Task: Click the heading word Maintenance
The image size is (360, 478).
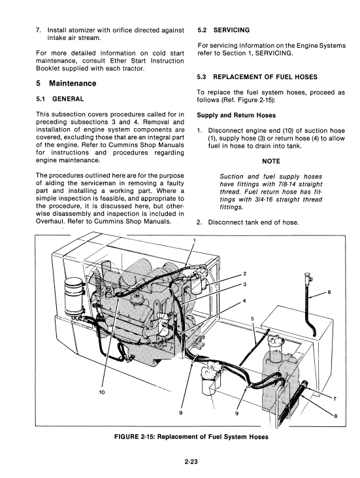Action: tap(73, 84)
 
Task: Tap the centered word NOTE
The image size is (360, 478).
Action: tap(271, 162)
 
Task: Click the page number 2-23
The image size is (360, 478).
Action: tap(191, 462)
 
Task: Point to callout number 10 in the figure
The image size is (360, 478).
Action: tap(102, 392)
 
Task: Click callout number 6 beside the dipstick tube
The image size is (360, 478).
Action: tap(329, 292)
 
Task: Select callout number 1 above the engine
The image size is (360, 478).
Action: tap(193, 240)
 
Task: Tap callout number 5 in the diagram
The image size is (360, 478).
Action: tap(252, 318)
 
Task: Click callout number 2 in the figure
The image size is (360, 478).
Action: tap(244, 274)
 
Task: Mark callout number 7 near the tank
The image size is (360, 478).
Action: tap(335, 399)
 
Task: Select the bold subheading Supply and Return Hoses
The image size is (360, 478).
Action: tap(237, 115)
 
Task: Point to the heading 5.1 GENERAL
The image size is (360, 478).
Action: tap(59, 99)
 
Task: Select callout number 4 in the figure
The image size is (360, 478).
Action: tap(244, 301)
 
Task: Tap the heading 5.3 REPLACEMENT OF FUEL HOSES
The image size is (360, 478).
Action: tap(257, 77)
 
